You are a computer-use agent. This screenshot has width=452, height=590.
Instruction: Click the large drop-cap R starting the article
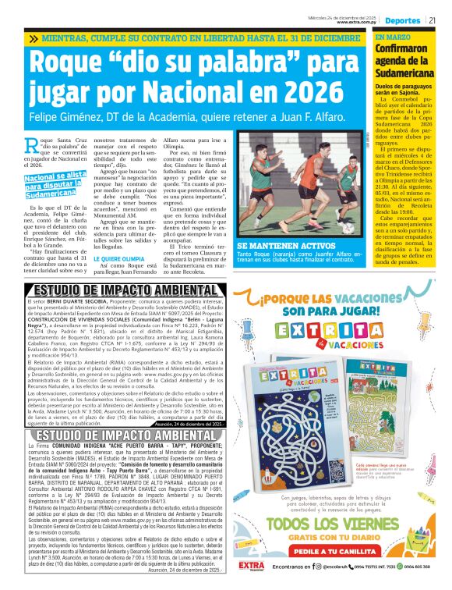pyautogui.click(x=32, y=143)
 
